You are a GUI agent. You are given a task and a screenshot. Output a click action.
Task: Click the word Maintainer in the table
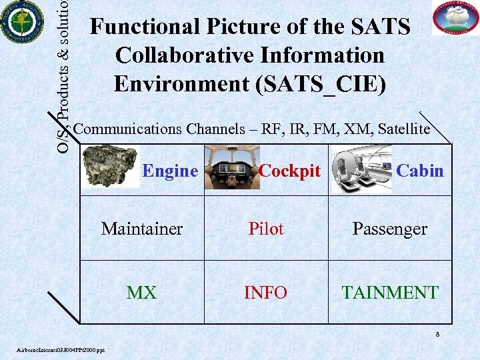coord(141,229)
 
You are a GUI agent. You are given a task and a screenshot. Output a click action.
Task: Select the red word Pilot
coord(266,229)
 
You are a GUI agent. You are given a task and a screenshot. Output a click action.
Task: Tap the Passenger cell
coord(389,229)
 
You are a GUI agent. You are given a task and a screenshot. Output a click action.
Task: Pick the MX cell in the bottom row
coord(141,292)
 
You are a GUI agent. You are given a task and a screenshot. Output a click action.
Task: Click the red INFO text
coord(266,292)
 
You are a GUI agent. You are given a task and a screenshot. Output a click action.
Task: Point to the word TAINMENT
coord(390,292)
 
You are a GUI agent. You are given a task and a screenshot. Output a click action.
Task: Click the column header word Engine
coord(170,171)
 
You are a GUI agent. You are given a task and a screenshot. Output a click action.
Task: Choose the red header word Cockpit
coord(289,171)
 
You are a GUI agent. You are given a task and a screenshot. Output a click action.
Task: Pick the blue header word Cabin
coord(419,171)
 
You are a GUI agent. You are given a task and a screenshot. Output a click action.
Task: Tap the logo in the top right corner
coord(455,18)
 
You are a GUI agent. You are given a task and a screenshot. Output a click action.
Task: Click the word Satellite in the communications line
coord(403,129)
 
